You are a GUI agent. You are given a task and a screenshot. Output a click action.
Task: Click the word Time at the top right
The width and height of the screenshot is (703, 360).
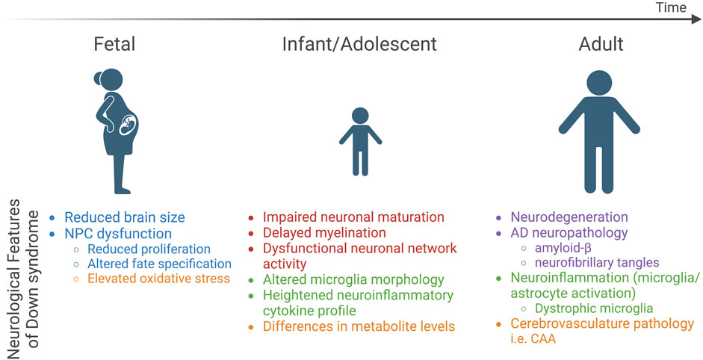click(x=672, y=7)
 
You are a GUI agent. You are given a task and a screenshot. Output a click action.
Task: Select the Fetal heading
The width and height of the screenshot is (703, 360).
click(x=114, y=44)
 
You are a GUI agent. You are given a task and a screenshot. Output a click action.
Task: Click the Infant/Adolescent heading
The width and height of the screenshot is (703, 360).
click(x=359, y=44)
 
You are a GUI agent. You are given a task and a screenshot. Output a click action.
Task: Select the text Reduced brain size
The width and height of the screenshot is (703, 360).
click(x=125, y=217)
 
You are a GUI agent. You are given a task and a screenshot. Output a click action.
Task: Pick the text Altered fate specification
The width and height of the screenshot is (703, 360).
click(x=159, y=264)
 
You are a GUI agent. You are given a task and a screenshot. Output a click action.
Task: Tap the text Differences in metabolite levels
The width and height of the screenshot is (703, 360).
click(x=359, y=326)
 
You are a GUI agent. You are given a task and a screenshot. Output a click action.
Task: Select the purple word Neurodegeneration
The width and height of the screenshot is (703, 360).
click(x=569, y=217)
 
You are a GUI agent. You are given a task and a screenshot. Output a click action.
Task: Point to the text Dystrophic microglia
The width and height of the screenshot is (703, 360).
click(x=594, y=308)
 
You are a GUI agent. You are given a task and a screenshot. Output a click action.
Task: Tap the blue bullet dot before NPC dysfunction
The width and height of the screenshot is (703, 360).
click(x=52, y=233)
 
